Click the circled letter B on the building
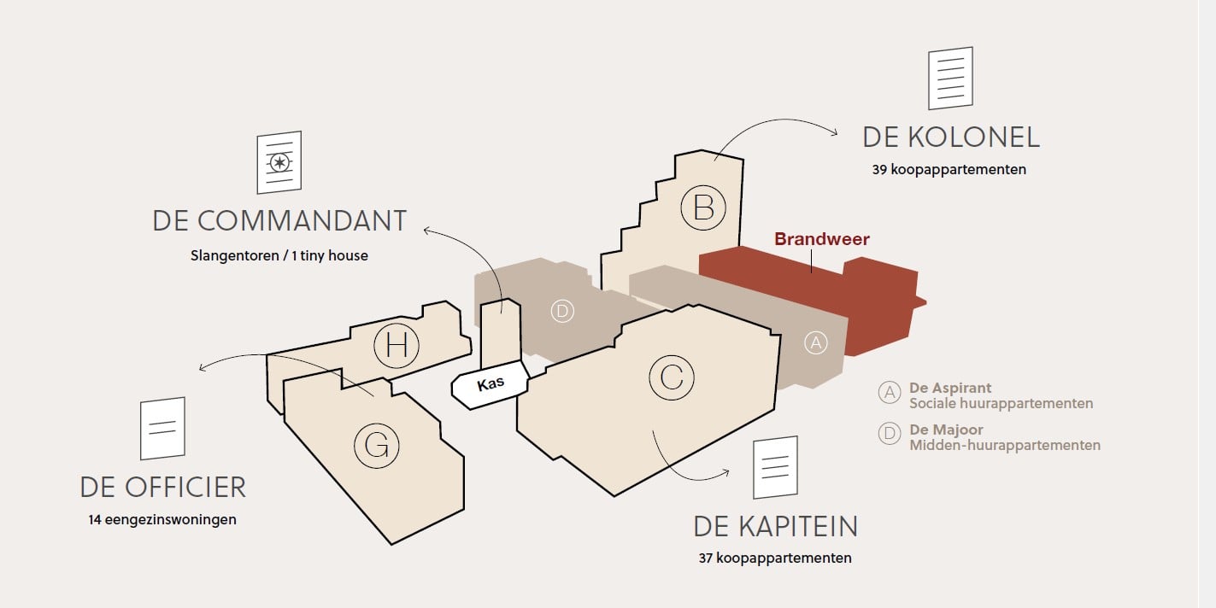coord(703,208)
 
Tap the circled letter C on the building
coord(672,377)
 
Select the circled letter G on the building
coord(376,446)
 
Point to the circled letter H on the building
coord(397,346)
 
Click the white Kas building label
coord(491,384)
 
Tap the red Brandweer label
coord(822,239)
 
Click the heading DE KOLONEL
coord(950,137)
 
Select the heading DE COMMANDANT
coord(279,221)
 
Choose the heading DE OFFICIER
coord(163,487)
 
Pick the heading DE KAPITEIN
coord(775,527)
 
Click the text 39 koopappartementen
coord(949,170)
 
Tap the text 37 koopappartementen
coord(775,558)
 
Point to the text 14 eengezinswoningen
coord(162,519)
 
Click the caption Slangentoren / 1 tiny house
coord(279,255)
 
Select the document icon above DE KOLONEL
coord(950,78)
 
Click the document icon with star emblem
coord(279,162)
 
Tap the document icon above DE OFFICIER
coord(162,429)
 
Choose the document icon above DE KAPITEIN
coord(775,467)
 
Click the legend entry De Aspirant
coord(985,395)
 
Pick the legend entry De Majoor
coord(989,437)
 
